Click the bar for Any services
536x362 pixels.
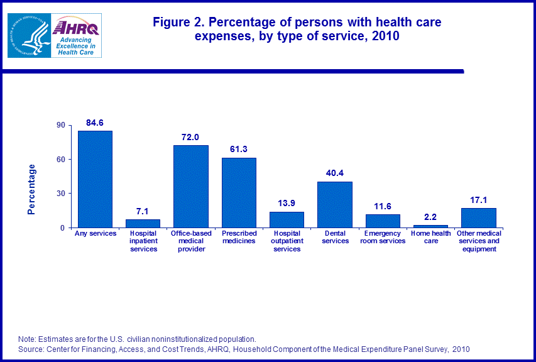pyautogui.click(x=95, y=179)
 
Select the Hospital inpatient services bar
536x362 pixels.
pyautogui.click(x=143, y=223)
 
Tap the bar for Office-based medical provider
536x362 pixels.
pyautogui.click(x=191, y=186)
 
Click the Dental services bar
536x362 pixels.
pyautogui.click(x=335, y=204)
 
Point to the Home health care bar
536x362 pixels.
pyautogui.click(x=430, y=226)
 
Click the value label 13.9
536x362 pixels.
pyautogui.click(x=287, y=203)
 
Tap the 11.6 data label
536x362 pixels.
pyautogui.click(x=383, y=206)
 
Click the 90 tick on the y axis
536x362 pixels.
pyautogui.click(x=61, y=125)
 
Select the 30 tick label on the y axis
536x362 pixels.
pyautogui.click(x=61, y=194)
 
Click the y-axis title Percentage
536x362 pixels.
pyautogui.click(x=32, y=189)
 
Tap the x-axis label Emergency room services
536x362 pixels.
pyautogui.click(x=383, y=238)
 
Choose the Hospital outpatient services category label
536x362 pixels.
pyautogui.click(x=287, y=241)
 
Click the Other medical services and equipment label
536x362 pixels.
pyautogui.click(x=479, y=241)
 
